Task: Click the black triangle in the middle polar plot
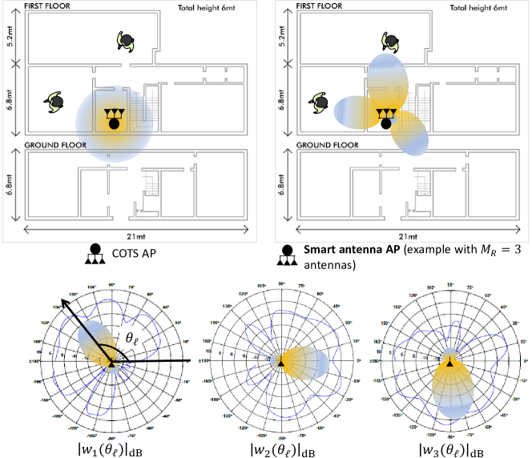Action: (282, 363)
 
